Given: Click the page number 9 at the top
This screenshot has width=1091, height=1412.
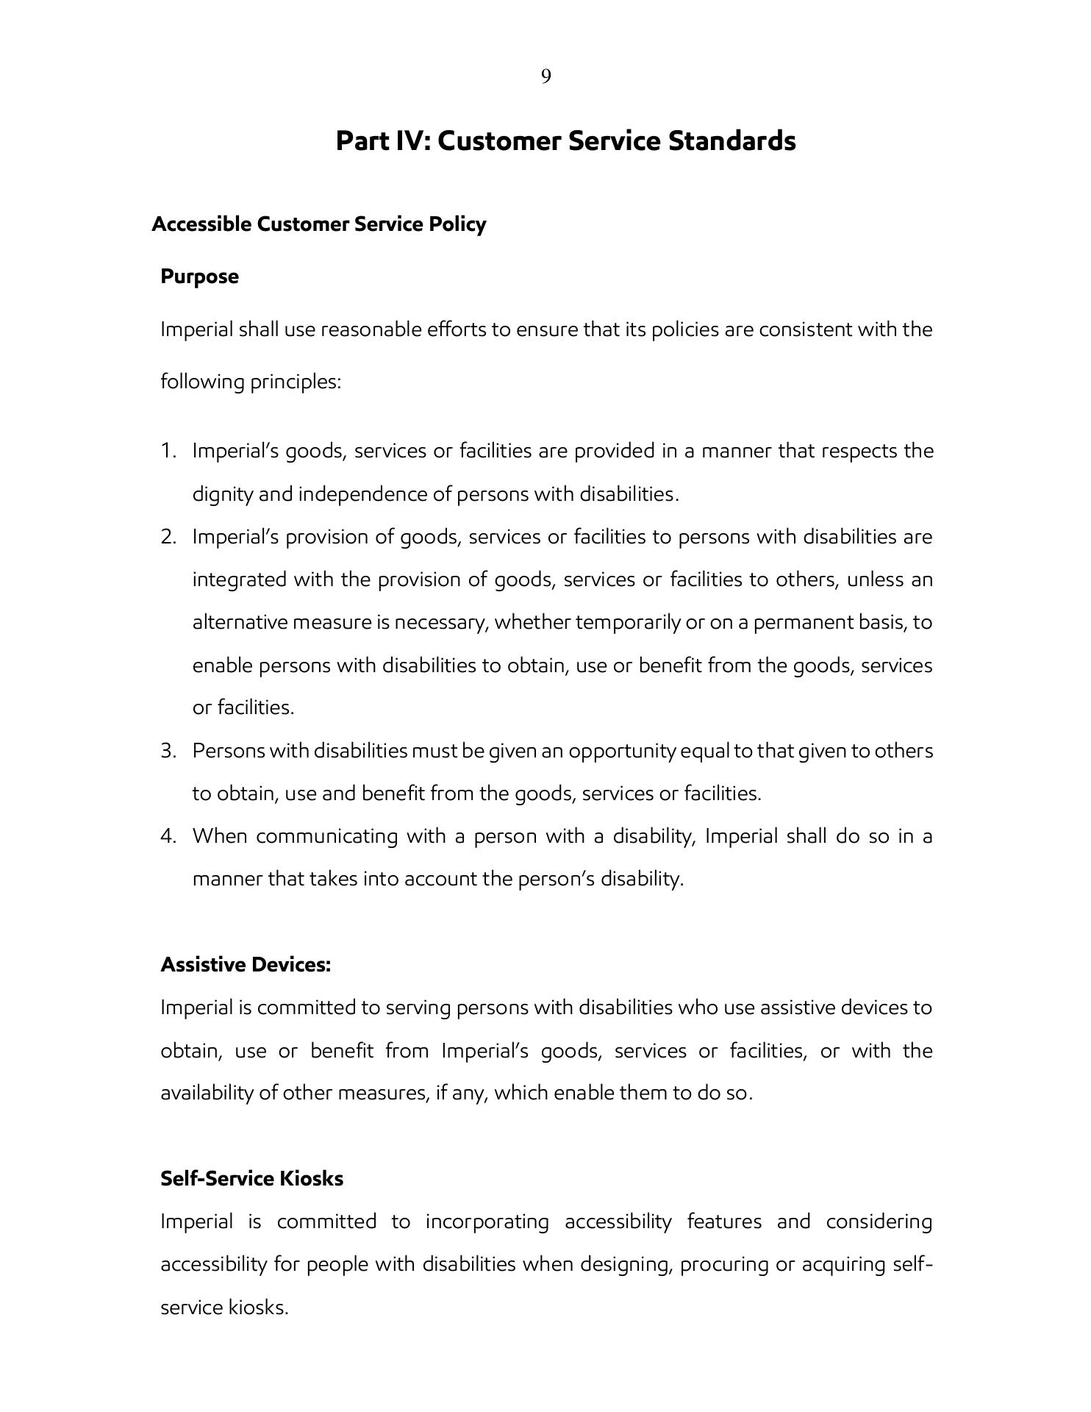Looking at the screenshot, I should (x=545, y=76).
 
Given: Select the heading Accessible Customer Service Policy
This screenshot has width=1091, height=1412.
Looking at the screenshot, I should (x=318, y=224).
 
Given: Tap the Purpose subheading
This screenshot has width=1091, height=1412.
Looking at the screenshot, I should (x=199, y=277).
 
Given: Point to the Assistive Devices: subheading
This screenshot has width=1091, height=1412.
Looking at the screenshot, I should (x=246, y=964).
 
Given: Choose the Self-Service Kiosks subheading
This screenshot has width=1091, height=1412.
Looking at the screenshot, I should (x=251, y=1178).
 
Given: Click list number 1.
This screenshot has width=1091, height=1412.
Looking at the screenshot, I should (x=168, y=450).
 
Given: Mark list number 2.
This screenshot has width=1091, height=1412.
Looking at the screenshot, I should (x=168, y=537).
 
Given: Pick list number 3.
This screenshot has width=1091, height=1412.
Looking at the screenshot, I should (x=168, y=751).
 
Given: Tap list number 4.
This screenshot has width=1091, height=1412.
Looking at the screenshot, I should (x=168, y=836).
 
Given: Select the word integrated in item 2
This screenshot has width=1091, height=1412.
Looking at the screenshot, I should (x=239, y=580).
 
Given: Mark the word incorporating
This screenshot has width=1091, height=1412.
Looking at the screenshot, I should (x=487, y=1222).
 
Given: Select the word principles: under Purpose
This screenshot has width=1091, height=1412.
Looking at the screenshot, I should (x=295, y=382).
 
